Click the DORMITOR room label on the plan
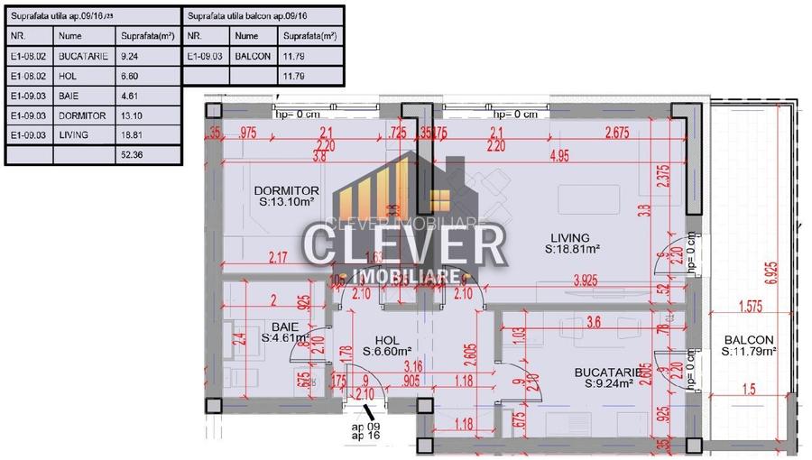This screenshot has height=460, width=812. coord(287,190)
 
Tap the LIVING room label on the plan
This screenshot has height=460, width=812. coord(571,238)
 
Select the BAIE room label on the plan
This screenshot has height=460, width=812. coord(284,327)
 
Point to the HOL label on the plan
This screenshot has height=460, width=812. coord(387,340)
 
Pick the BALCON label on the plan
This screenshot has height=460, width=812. coord(748,340)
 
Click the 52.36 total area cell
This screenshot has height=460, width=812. coord(133,155)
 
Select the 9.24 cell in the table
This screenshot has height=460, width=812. coord(131,56)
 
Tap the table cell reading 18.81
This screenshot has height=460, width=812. coord(133,135)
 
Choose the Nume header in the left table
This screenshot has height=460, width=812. coord(69,36)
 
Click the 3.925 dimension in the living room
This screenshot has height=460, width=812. coord(591,281)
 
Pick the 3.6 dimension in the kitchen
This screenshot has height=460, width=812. coord(593,321)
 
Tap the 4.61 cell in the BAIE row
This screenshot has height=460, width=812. coord(131,96)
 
